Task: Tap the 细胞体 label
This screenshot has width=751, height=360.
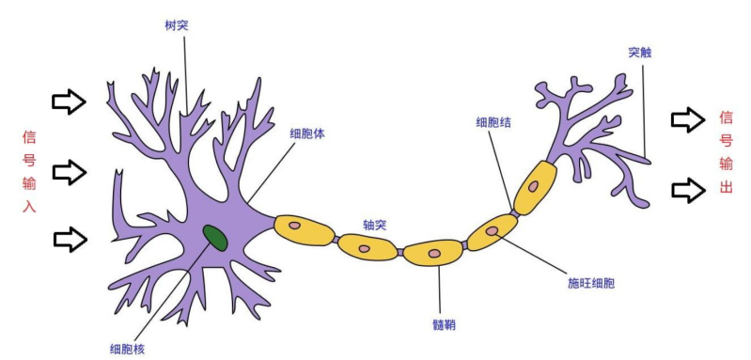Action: pyautogui.click(x=306, y=133)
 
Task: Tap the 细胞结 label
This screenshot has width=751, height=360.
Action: pyautogui.click(x=493, y=121)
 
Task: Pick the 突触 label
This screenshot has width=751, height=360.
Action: pyautogui.click(x=640, y=53)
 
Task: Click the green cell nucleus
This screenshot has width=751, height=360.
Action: pyautogui.click(x=215, y=238)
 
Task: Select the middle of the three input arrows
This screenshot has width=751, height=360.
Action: pyautogui.click(x=69, y=171)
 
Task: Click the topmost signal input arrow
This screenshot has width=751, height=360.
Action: pyautogui.click(x=69, y=102)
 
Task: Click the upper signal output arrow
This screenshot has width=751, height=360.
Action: pyautogui.click(x=687, y=119)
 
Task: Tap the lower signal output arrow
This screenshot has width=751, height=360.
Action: pyautogui.click(x=687, y=190)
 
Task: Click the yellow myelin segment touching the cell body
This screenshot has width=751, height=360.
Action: pyautogui.click(x=304, y=229)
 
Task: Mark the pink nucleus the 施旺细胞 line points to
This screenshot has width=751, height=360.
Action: pyautogui.click(x=492, y=230)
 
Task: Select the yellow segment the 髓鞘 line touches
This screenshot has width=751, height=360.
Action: pyautogui.click(x=433, y=252)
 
